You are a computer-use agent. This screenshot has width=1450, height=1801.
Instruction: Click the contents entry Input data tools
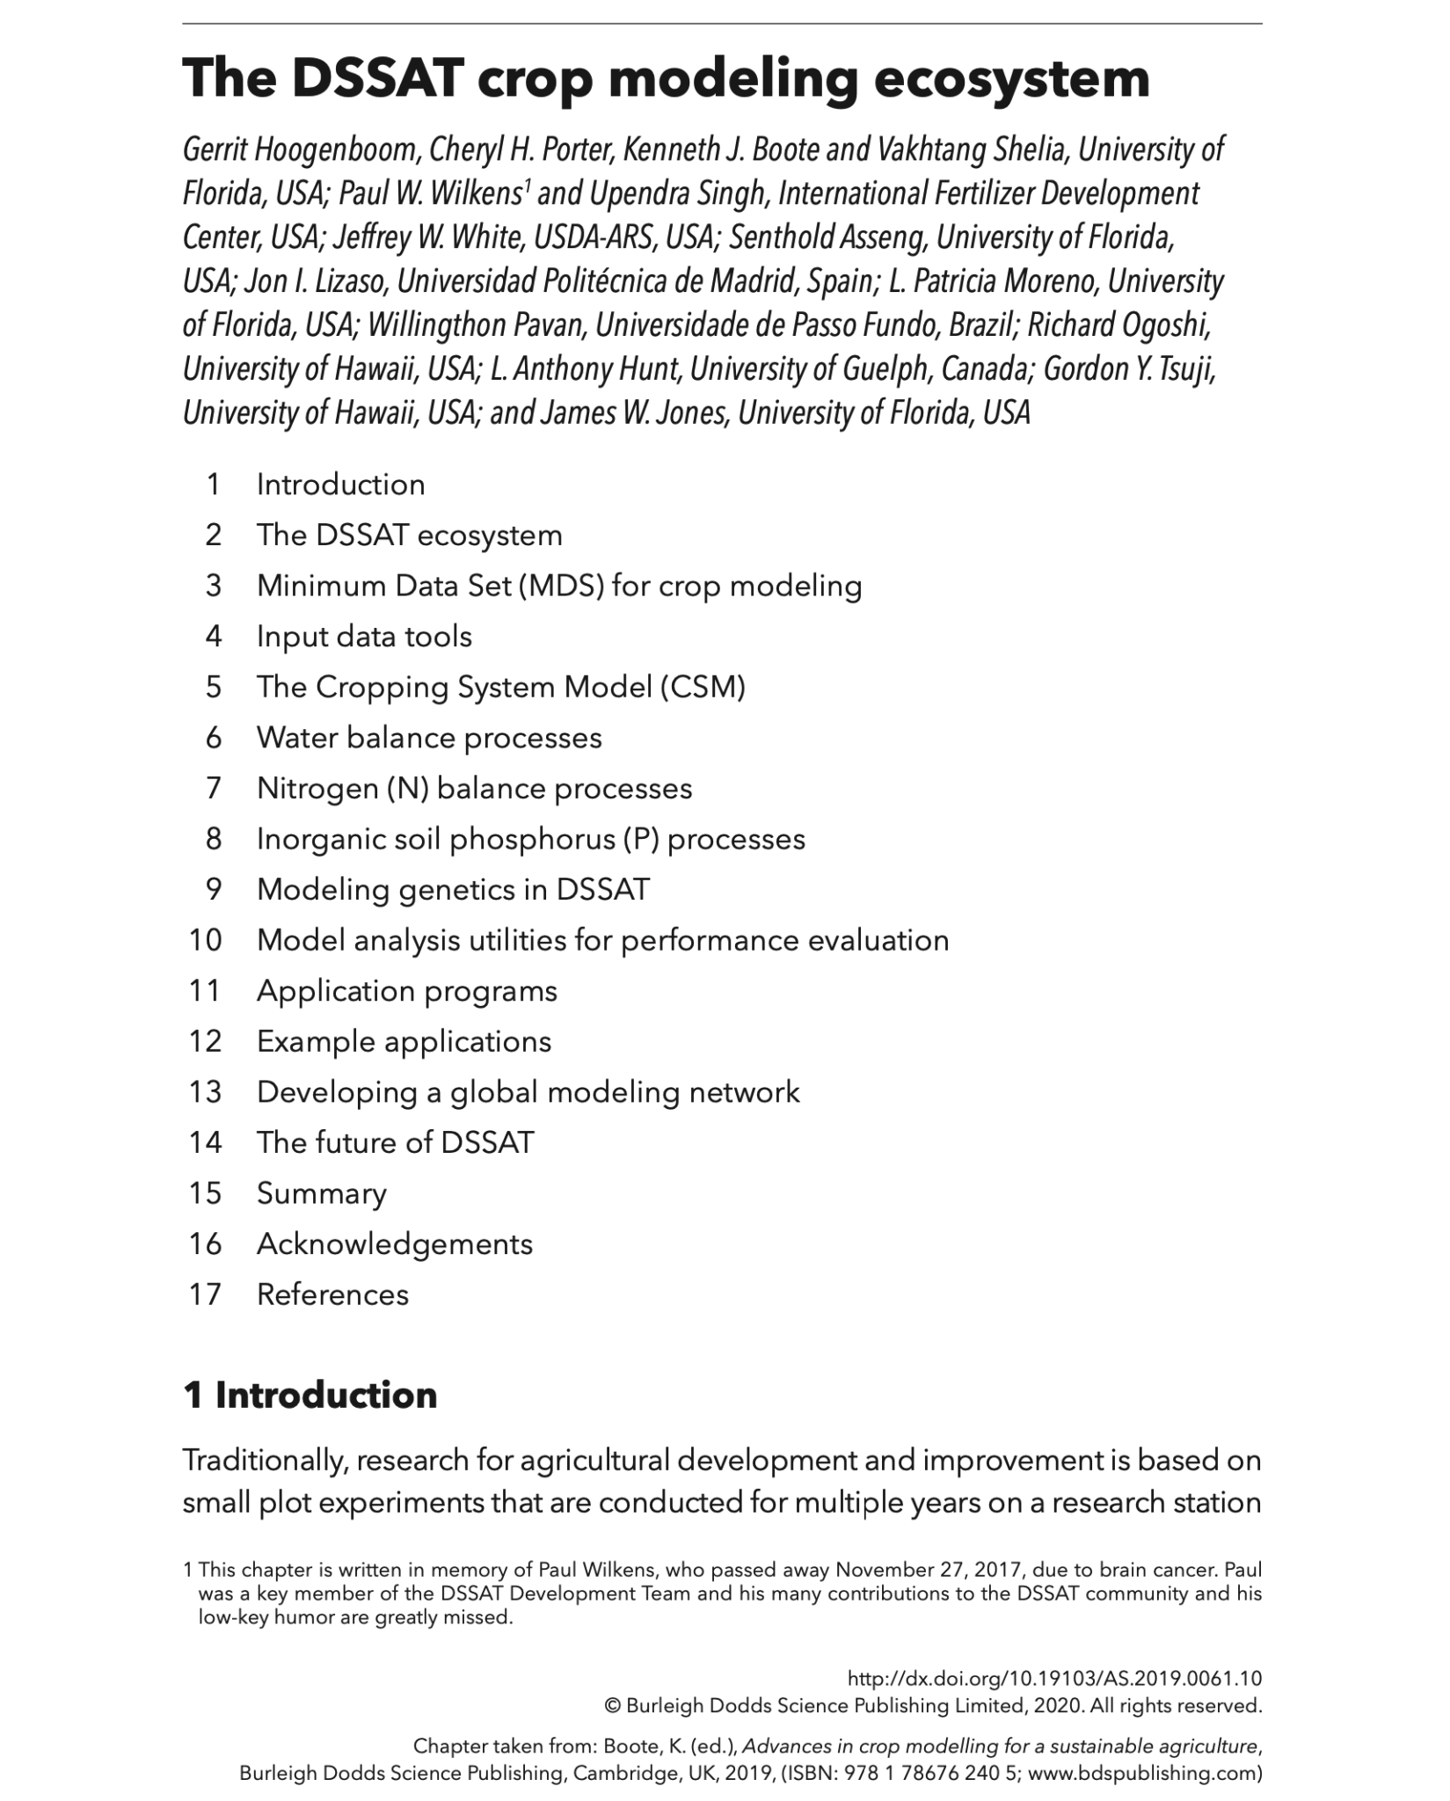coord(364,636)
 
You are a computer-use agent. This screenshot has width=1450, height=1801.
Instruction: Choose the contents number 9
coord(214,889)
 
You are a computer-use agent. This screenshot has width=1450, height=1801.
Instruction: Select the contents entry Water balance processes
coord(429,737)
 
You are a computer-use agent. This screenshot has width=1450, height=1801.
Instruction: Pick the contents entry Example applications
coord(404,1041)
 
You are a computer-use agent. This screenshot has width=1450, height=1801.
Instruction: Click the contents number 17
coord(205,1294)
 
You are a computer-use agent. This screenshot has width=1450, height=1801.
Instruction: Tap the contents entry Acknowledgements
coord(395,1243)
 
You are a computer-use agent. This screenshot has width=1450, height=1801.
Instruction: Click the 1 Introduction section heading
coord(310,1396)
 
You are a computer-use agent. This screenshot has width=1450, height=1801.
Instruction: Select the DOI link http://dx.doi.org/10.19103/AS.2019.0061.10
coord(1054,1679)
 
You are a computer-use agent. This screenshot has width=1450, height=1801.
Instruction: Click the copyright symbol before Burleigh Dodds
coord(613,1706)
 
